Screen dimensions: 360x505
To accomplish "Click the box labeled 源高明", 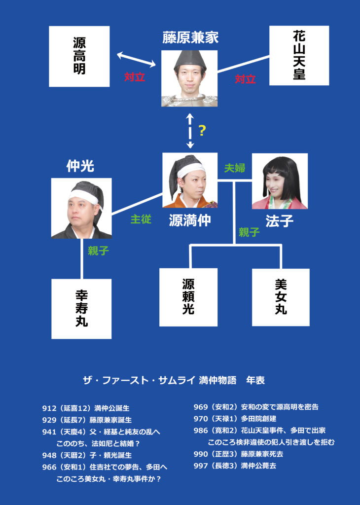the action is pos(79,56).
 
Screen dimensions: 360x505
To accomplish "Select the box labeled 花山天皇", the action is pos(299,55).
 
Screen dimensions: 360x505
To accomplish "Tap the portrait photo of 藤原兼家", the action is pos(189,78).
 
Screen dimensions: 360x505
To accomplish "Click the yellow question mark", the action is pos(202,130).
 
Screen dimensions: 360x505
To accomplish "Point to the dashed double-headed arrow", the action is pos(190,131).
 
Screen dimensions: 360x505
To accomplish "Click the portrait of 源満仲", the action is pos(190,180).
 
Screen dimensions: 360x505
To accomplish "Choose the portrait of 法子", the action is pos(280,181).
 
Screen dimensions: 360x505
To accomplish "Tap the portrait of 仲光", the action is pos(81,208).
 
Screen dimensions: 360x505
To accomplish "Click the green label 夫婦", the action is pos(235,168).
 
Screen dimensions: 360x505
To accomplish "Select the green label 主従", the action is pos(141,219).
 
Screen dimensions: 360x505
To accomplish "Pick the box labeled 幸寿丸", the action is pos(81,309).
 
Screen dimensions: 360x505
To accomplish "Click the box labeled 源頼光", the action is pos(188,297).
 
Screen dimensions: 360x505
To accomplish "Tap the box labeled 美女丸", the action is pos(281,297).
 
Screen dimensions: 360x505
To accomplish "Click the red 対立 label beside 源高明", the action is pos(135,76).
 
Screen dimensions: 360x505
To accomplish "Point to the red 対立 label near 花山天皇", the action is pos(245,79).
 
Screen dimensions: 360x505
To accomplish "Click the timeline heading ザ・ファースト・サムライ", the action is pos(139,380).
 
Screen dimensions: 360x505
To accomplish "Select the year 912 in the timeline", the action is pos(49,408).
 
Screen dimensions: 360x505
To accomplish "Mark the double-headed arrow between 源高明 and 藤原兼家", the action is pos(136,60).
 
